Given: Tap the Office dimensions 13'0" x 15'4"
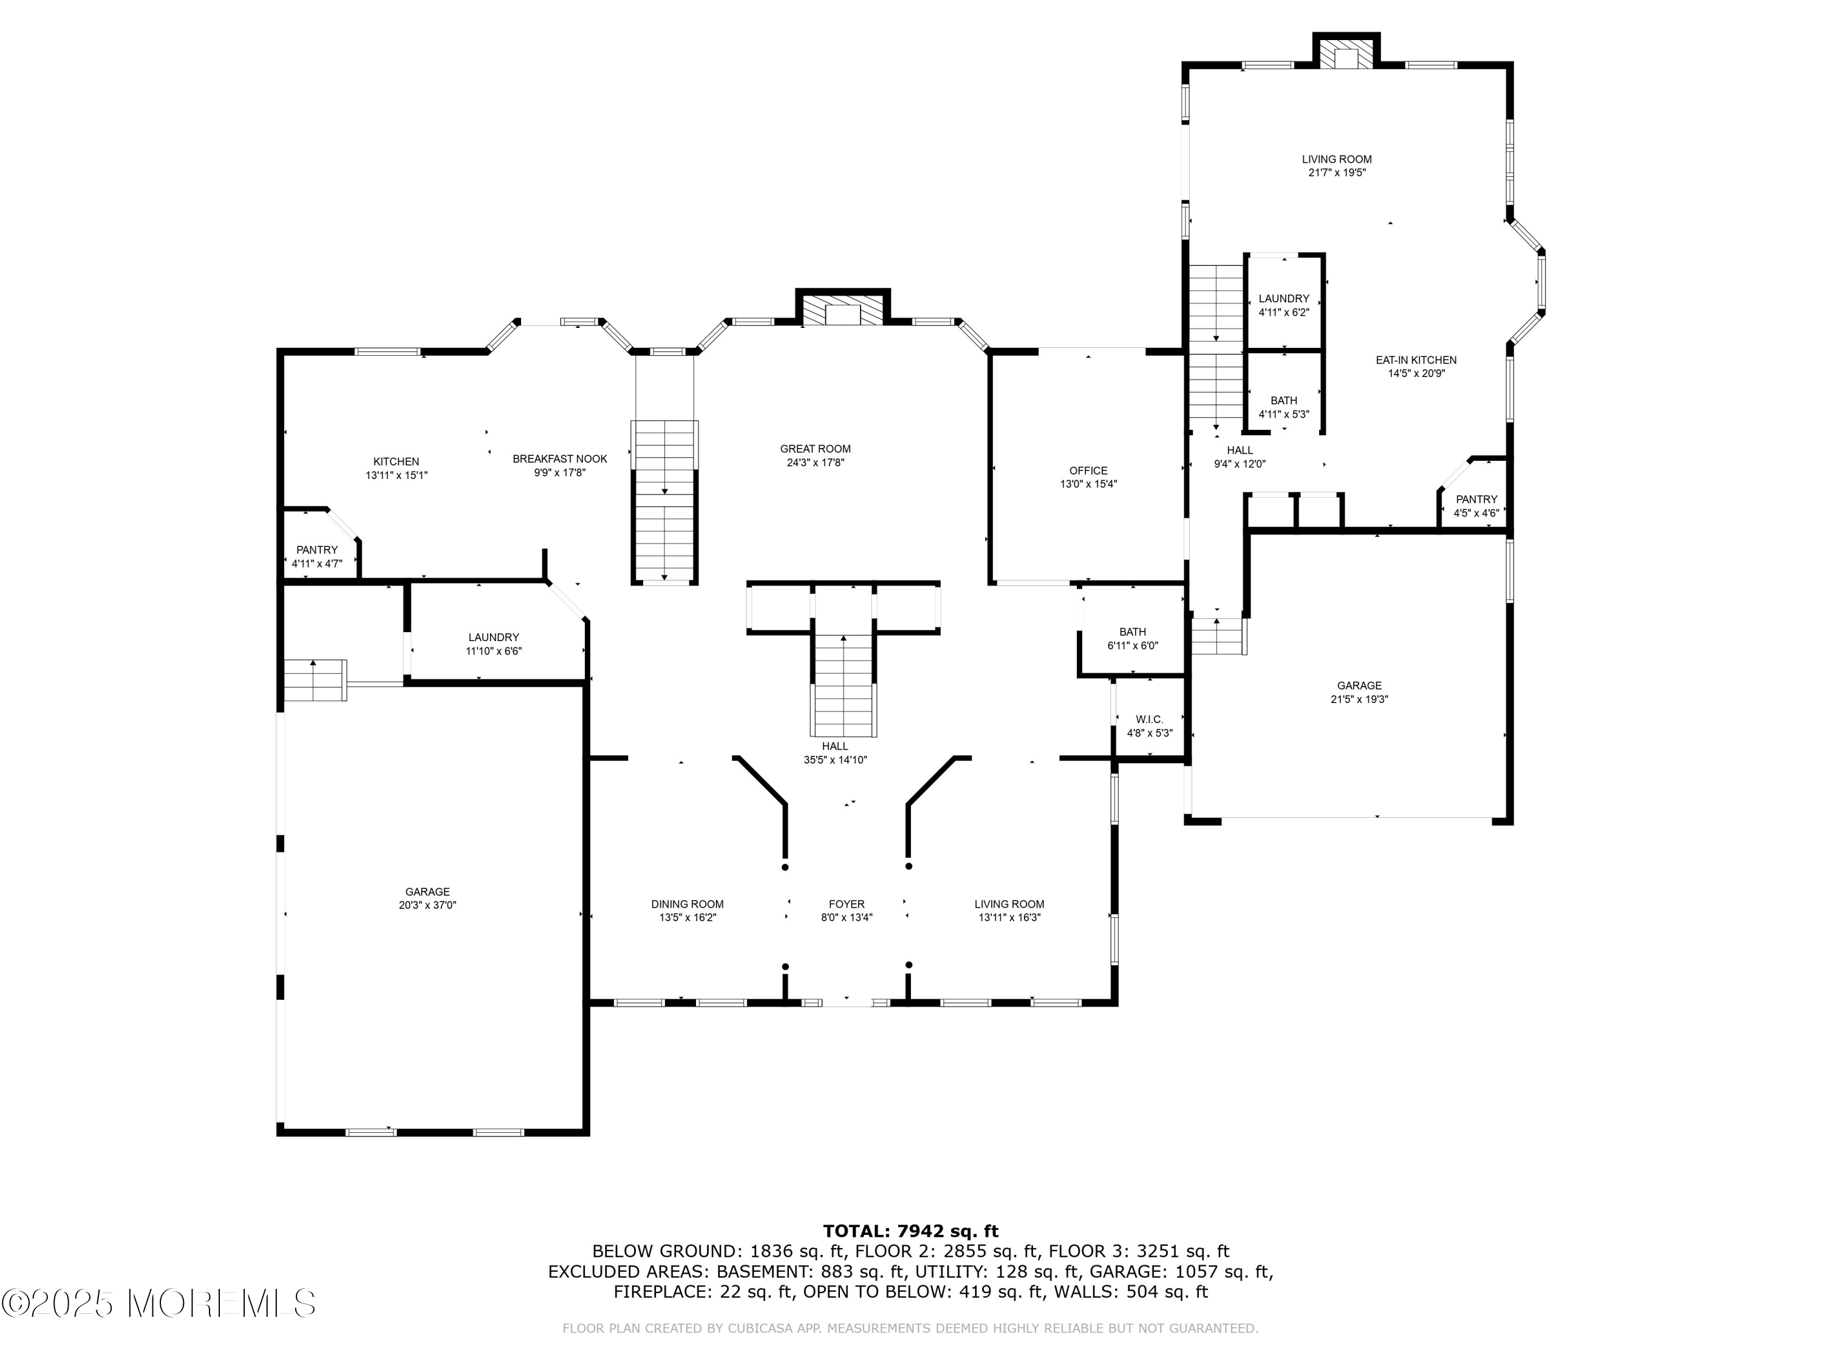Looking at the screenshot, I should pyautogui.click(x=1088, y=484).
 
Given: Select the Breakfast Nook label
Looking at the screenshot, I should pyautogui.click(x=559, y=458).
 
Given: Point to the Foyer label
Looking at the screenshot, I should pyautogui.click(x=846, y=904).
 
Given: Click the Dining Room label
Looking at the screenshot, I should pyautogui.click(x=687, y=904).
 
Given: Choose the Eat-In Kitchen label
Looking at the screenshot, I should pyautogui.click(x=1415, y=360).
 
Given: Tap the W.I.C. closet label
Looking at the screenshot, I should pyautogui.click(x=1148, y=719).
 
